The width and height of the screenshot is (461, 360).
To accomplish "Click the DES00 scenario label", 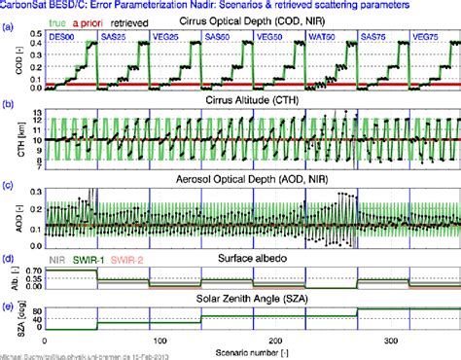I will pyautogui.click(x=66, y=36).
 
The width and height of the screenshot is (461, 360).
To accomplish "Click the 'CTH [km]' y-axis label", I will pyautogui.click(x=19, y=139).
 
